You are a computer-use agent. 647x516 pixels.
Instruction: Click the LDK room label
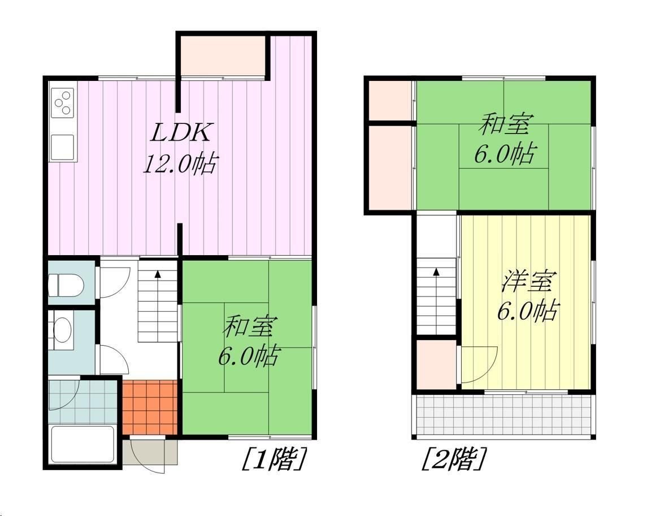pyautogui.click(x=181, y=133)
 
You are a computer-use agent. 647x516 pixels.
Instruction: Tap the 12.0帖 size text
pyautogui.click(x=180, y=164)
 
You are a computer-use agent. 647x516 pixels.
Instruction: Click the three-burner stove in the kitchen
pyautogui.click(x=63, y=102)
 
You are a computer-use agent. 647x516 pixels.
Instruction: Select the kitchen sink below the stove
pyautogui.click(x=62, y=146)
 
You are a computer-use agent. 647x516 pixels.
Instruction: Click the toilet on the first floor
pyautogui.click(x=66, y=284)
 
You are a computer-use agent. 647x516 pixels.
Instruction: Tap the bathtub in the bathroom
pyautogui.click(x=82, y=445)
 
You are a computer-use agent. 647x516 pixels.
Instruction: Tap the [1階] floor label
pyautogui.click(x=274, y=459)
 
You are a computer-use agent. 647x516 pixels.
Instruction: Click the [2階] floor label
pyautogui.click(x=453, y=459)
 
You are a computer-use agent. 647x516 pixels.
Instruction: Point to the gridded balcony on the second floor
pyautogui.click(x=504, y=415)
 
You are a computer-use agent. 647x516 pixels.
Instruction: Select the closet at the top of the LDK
pyautogui.click(x=223, y=56)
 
